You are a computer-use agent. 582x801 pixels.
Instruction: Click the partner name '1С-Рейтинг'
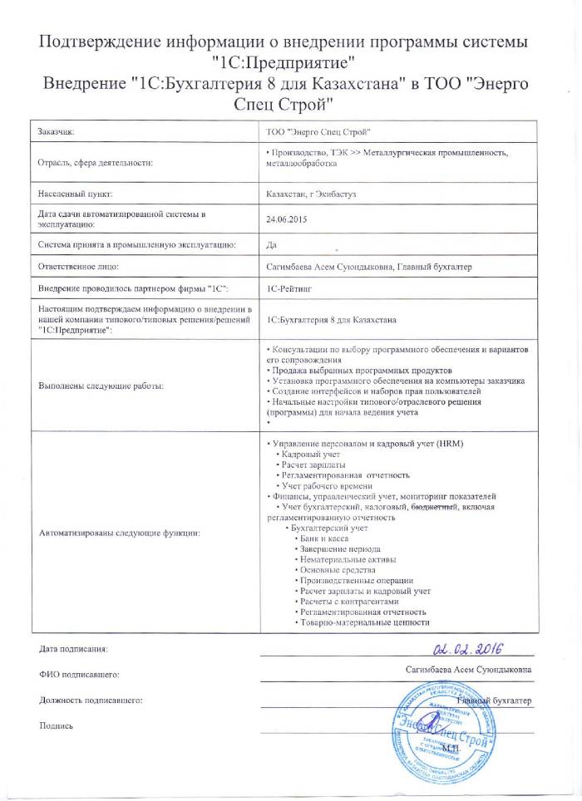click(x=288, y=288)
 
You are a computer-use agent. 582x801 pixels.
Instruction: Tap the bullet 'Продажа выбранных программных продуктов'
click(x=360, y=370)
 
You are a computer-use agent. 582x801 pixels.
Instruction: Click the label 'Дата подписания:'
click(x=73, y=647)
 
